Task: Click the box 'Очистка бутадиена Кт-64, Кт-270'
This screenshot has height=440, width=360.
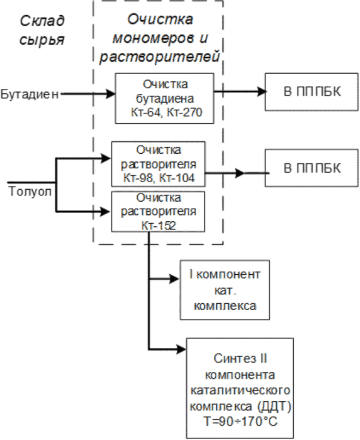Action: click(164, 99)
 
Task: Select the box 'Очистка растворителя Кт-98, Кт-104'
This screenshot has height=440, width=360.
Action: click(158, 164)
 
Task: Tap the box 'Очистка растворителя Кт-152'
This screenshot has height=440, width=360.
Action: click(158, 212)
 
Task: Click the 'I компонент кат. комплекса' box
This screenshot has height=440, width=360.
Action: click(225, 290)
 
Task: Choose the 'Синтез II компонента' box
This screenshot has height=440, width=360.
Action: click(240, 388)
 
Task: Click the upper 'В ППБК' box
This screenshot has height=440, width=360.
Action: click(312, 92)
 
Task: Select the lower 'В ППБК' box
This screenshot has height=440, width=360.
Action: click(312, 168)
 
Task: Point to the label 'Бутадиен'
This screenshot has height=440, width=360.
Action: click(29, 94)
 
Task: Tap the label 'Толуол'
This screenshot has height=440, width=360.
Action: click(30, 191)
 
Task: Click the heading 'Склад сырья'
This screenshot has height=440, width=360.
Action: click(42, 30)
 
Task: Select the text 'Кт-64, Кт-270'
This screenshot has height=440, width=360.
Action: click(167, 112)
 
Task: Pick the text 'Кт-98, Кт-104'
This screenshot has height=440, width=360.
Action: click(158, 178)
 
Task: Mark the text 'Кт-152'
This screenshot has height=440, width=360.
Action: click(158, 226)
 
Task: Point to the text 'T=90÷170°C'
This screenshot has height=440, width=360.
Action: click(240, 421)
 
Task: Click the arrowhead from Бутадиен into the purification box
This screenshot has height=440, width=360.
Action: click(110, 94)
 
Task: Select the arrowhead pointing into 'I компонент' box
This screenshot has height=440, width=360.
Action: click(174, 279)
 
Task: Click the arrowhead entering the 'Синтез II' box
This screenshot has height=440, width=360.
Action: click(181, 349)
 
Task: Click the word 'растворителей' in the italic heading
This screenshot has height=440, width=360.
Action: click(160, 57)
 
